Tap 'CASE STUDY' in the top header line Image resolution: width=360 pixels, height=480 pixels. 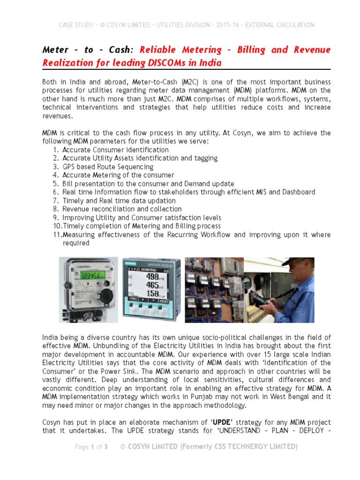75,25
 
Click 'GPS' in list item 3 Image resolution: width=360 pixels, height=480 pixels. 69,167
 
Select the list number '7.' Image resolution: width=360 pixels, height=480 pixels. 55,201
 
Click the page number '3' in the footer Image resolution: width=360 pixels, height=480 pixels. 106,447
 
